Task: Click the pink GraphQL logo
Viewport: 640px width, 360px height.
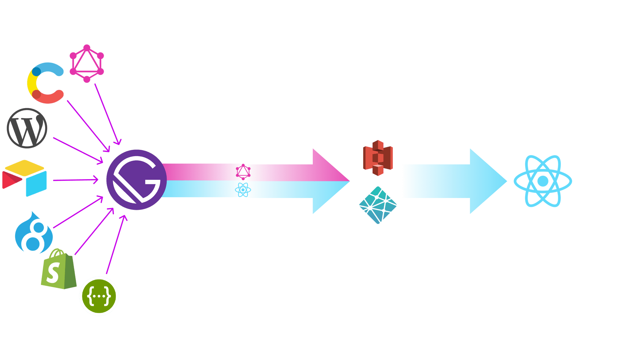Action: [87, 63]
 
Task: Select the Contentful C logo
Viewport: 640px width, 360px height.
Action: [45, 83]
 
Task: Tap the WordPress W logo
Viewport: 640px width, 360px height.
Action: [27, 128]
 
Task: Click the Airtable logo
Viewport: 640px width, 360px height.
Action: [25, 178]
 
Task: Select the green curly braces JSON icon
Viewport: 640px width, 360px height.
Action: [99, 296]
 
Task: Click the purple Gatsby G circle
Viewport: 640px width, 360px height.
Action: [136, 180]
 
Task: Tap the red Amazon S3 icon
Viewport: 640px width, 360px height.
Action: [378, 158]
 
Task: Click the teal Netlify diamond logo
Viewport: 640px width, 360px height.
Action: [378, 205]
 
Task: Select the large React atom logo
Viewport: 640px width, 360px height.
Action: [543, 181]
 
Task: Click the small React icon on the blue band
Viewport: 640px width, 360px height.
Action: [243, 190]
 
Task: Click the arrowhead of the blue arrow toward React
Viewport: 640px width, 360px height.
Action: [488, 181]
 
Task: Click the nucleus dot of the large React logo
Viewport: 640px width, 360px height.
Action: [543, 181]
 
